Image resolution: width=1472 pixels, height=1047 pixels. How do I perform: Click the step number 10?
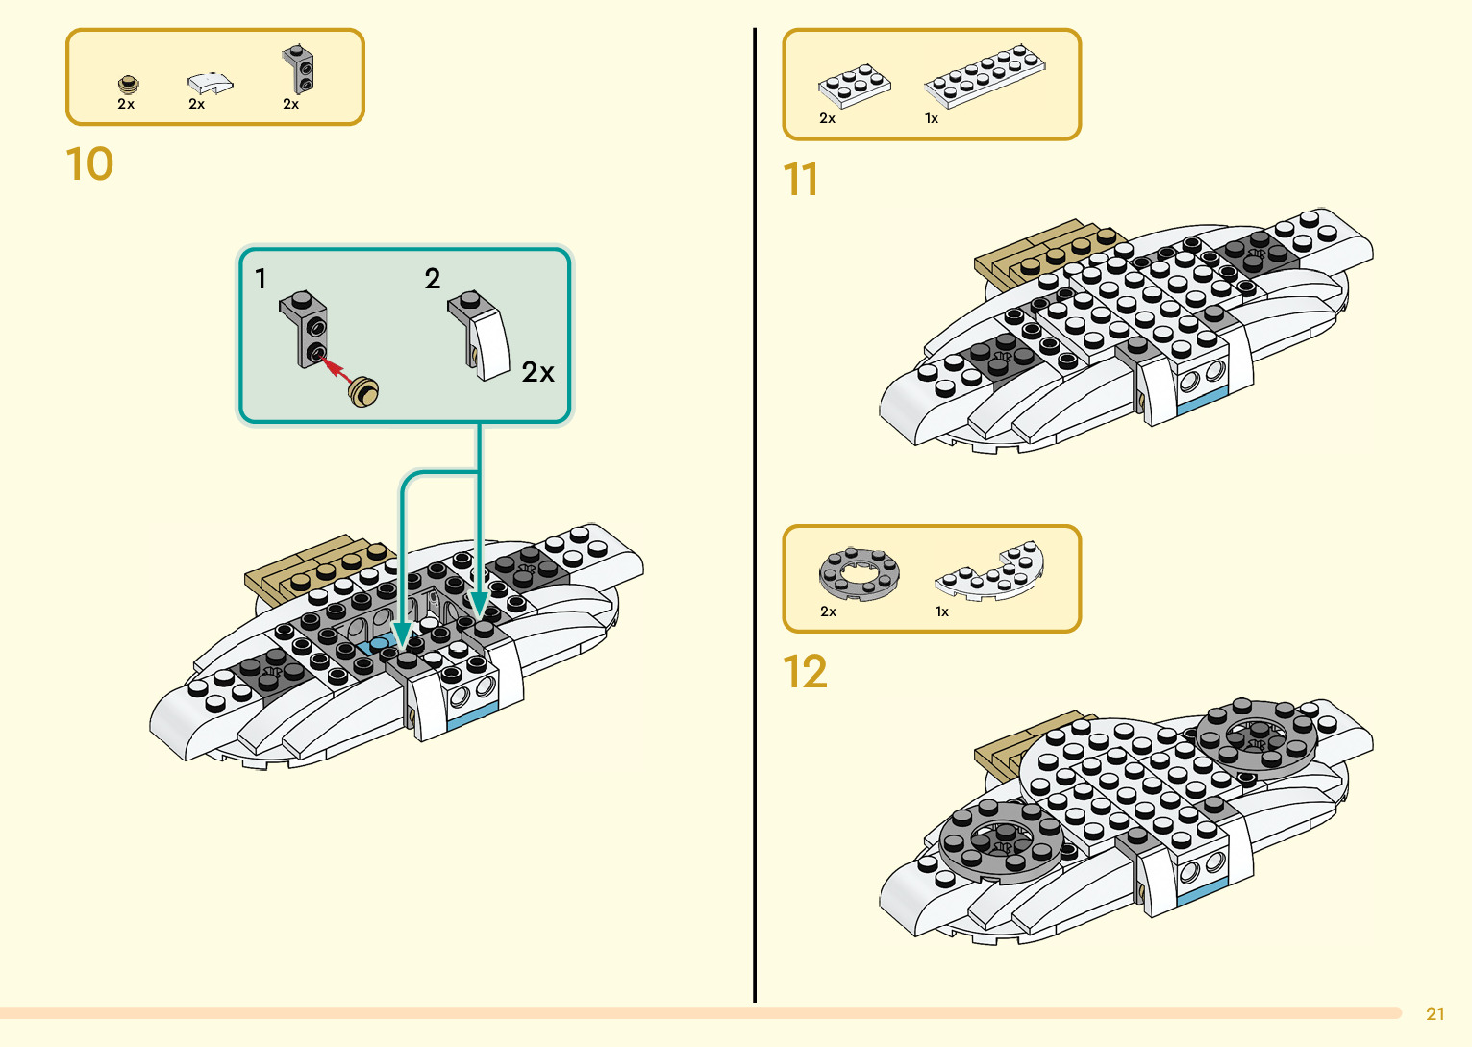click(89, 164)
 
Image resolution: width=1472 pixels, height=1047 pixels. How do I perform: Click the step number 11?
click(800, 180)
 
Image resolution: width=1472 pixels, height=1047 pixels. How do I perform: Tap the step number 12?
click(805, 672)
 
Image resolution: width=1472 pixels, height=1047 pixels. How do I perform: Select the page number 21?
click(1435, 1014)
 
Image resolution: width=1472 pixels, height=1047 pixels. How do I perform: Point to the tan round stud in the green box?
click(364, 391)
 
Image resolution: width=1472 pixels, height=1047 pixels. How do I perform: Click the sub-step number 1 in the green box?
click(261, 279)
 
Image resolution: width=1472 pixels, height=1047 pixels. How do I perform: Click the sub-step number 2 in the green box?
click(433, 279)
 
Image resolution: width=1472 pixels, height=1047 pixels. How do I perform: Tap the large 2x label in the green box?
click(537, 372)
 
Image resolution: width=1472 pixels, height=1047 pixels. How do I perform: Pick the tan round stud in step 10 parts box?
click(128, 84)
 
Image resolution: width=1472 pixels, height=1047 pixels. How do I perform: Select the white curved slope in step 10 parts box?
click(210, 83)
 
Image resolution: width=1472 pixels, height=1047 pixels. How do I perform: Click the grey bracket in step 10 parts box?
click(298, 68)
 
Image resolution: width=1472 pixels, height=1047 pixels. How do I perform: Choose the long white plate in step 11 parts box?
click(985, 75)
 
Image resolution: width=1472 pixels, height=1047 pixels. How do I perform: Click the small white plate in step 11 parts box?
click(854, 85)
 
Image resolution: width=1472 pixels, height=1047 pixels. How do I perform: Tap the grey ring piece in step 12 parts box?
click(860, 573)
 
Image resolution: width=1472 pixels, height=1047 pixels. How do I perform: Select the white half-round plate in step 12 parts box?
click(990, 573)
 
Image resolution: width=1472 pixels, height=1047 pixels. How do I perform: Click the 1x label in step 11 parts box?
click(931, 119)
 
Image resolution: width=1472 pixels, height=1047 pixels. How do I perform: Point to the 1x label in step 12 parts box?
click(942, 611)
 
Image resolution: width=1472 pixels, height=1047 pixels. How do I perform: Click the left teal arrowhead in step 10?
click(403, 636)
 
